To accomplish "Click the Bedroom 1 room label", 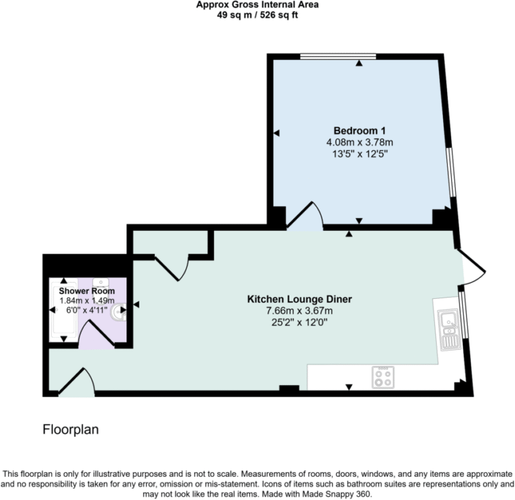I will pyautogui.click(x=360, y=130).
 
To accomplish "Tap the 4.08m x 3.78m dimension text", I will pyautogui.click(x=360, y=142).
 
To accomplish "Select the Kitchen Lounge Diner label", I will pyautogui.click(x=299, y=299).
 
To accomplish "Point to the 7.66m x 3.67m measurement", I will pyautogui.click(x=299, y=310).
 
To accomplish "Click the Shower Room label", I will pyautogui.click(x=87, y=291).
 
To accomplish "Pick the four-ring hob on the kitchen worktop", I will pyautogui.click(x=383, y=377).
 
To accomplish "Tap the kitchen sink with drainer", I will pyautogui.click(x=448, y=329).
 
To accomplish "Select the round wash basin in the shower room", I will pyautogui.click(x=103, y=281).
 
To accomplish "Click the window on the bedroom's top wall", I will pyautogui.click(x=338, y=56).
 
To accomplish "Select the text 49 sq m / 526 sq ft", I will pyautogui.click(x=257, y=15).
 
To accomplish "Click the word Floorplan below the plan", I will pyautogui.click(x=71, y=429).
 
